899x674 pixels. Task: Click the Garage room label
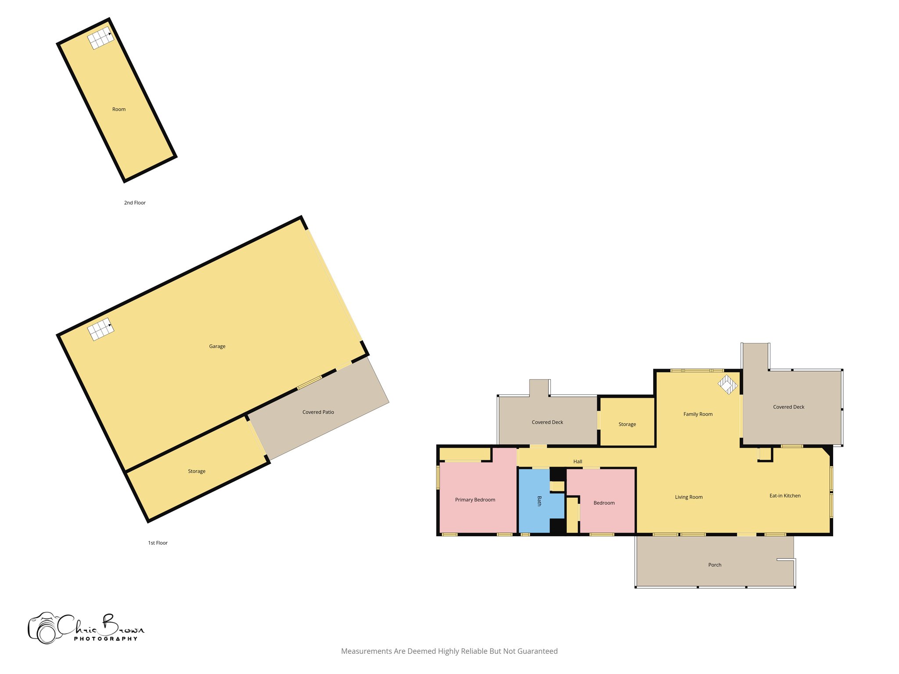pyautogui.click(x=217, y=346)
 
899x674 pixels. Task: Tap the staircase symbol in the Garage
pyautogui.click(x=101, y=329)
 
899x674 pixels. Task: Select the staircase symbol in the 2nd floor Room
pyautogui.click(x=101, y=38)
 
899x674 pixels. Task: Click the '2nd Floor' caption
pyautogui.click(x=135, y=203)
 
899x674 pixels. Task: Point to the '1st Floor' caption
pyautogui.click(x=158, y=543)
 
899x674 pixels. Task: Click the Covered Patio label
pyautogui.click(x=318, y=412)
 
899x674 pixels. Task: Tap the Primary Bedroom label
pyautogui.click(x=475, y=500)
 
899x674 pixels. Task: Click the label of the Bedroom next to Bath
pyautogui.click(x=604, y=503)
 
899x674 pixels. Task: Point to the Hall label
pyautogui.click(x=578, y=462)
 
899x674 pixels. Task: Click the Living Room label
pyautogui.click(x=688, y=497)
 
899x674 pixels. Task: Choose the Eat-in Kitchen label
pyautogui.click(x=785, y=496)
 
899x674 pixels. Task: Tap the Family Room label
pyautogui.click(x=698, y=414)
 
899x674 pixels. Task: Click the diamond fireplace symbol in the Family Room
pyautogui.click(x=727, y=384)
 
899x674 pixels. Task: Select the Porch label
pyautogui.click(x=715, y=565)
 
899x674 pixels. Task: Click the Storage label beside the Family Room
pyautogui.click(x=627, y=424)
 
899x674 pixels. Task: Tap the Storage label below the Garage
pyautogui.click(x=196, y=471)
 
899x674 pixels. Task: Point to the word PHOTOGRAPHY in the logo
pyautogui.click(x=105, y=639)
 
